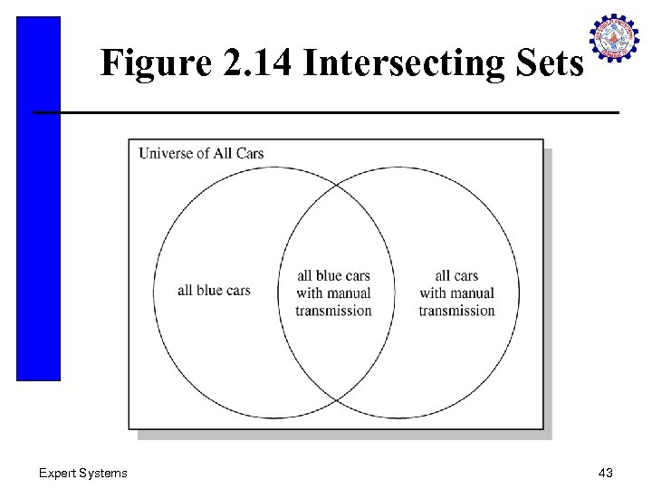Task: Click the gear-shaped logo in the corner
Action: click(615, 39)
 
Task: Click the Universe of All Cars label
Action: click(201, 153)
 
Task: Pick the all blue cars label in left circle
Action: click(214, 291)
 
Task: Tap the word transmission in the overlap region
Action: click(333, 311)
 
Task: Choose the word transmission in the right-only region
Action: click(456, 311)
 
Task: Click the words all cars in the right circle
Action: click(456, 276)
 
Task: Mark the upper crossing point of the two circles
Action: click(336, 184)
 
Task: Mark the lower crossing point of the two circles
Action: click(336, 399)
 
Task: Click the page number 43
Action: click(606, 473)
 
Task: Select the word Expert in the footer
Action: click(59, 473)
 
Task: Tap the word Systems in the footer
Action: click(104, 473)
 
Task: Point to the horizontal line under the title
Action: click(326, 112)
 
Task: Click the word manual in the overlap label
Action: click(348, 293)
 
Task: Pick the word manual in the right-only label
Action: click(472, 293)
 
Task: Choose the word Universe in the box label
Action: click(166, 153)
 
